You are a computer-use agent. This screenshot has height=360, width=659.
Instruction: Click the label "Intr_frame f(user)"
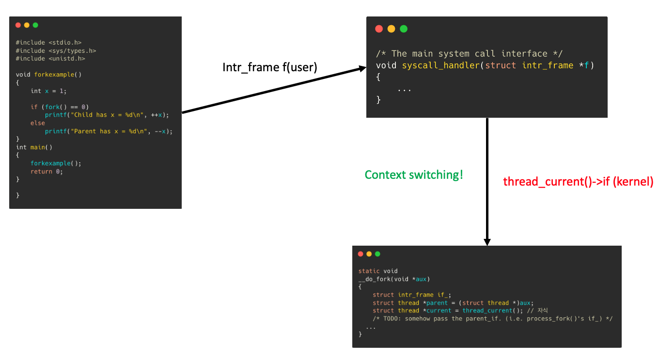pos(269,67)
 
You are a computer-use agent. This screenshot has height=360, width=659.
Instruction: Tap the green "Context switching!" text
pos(414,174)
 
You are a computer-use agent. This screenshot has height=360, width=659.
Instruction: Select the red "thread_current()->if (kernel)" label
pos(578,182)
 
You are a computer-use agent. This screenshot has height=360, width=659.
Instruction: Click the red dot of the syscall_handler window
pos(379,29)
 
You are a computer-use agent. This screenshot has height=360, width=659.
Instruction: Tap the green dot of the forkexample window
pos(35,25)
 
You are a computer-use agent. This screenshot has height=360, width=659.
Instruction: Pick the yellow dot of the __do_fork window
pos(369,254)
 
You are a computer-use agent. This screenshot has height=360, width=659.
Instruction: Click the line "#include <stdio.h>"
pos(48,43)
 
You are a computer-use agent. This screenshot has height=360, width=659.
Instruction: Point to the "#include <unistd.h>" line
pos(50,59)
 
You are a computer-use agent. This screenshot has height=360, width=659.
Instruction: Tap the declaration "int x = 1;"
pos(48,91)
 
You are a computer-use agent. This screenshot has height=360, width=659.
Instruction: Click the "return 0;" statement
pos(47,172)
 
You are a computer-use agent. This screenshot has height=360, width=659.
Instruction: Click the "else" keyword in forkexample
pos(37,123)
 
